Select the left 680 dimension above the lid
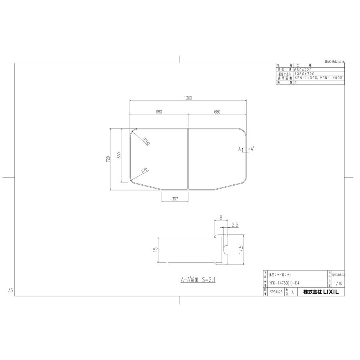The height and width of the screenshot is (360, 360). click(x=159, y=112)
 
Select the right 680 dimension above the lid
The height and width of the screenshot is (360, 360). click(x=217, y=112)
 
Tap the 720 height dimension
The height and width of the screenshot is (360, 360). click(x=108, y=159)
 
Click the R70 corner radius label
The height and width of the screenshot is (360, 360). click(x=144, y=170)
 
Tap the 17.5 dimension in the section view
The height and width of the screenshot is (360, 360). click(x=241, y=250)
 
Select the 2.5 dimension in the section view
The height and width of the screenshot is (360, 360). click(x=235, y=225)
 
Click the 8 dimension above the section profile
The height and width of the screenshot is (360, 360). click(x=220, y=218)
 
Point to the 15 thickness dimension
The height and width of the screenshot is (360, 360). click(x=154, y=249)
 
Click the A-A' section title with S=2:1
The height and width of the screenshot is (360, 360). click(x=198, y=280)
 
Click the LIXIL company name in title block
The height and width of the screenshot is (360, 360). click(x=320, y=292)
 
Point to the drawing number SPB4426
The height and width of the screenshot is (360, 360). click(x=276, y=292)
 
